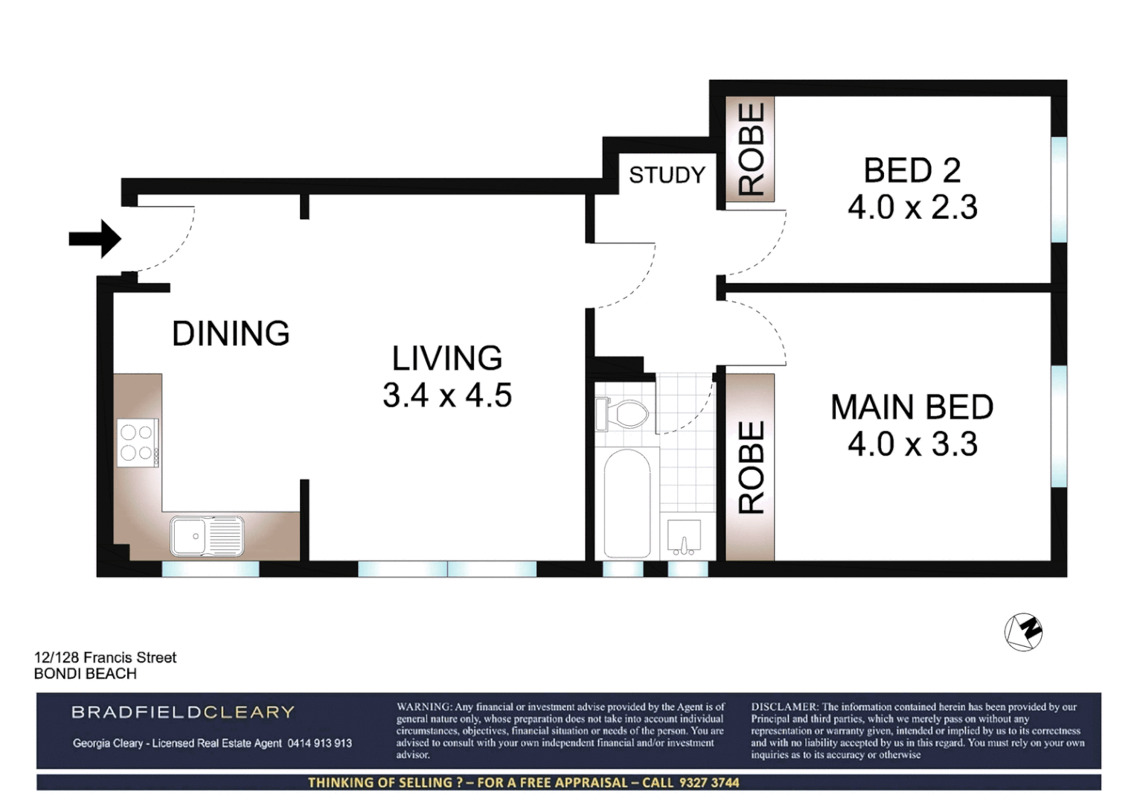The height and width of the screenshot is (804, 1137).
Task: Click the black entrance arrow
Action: click(x=95, y=239)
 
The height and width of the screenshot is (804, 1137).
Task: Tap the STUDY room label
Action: click(x=667, y=175)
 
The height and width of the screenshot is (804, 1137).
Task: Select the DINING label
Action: click(x=231, y=334)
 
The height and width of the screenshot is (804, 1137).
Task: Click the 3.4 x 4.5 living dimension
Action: click(x=447, y=395)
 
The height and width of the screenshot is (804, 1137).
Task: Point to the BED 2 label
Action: click(x=912, y=170)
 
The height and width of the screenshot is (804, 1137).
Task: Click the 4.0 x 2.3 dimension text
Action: click(x=912, y=207)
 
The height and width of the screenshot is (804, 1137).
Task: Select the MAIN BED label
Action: click(x=912, y=407)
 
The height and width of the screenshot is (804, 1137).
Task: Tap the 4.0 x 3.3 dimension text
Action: click(x=912, y=444)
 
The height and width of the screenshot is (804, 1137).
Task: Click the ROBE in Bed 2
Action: click(x=751, y=149)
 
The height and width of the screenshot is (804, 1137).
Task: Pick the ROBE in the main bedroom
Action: click(x=751, y=468)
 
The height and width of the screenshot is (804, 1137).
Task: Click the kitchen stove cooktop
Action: click(x=138, y=442)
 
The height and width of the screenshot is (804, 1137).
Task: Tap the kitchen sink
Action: click(x=206, y=536)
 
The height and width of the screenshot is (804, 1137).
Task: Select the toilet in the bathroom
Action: click(x=623, y=414)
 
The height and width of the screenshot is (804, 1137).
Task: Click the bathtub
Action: click(x=627, y=502)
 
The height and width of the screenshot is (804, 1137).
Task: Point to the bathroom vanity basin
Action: click(x=684, y=537)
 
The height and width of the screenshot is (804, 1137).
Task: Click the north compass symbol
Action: click(x=1023, y=632)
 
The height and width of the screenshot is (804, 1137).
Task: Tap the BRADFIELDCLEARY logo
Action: click(x=183, y=712)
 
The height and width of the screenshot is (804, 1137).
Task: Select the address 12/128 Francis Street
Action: click(x=105, y=657)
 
